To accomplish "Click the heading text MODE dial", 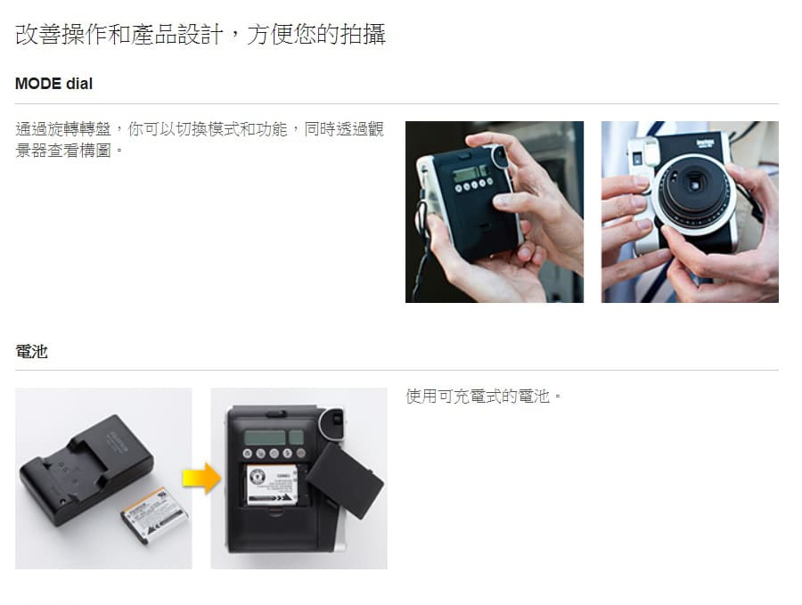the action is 53,84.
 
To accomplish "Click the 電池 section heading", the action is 31,351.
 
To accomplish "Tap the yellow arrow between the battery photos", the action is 201,478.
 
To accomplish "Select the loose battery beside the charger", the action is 154,516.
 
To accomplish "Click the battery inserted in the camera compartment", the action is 272,485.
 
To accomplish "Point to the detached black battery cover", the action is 344,480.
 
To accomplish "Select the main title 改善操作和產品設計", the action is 119,35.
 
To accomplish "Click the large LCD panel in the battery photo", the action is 265,437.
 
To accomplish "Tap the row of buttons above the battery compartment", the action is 274,454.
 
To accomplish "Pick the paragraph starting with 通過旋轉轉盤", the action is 200,140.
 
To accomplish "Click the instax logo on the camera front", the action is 706,143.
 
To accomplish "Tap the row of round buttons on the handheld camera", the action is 474,185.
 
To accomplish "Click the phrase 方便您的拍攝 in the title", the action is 315,35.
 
